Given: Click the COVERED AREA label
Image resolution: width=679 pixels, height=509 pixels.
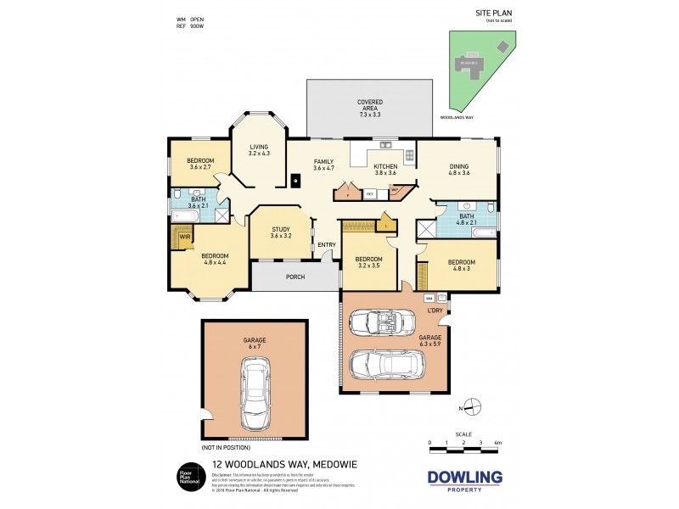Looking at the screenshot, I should (x=369, y=108).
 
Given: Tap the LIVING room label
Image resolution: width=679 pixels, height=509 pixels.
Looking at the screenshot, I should (x=259, y=149).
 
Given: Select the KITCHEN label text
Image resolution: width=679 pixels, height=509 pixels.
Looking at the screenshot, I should (x=385, y=167).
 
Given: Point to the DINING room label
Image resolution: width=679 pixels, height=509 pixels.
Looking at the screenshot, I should (x=459, y=167).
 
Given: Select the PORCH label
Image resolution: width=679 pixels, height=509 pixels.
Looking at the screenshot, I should (x=295, y=276).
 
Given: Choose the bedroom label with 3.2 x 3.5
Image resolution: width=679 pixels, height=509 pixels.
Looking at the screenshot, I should (x=368, y=261).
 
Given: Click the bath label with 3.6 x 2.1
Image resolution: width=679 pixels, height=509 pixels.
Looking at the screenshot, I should (x=198, y=202).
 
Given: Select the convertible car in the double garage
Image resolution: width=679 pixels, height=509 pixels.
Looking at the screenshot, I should (x=382, y=322).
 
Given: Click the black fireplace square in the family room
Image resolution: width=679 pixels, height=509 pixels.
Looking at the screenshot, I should (x=295, y=180).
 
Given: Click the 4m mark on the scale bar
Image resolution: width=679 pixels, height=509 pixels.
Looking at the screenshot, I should (x=498, y=443).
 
